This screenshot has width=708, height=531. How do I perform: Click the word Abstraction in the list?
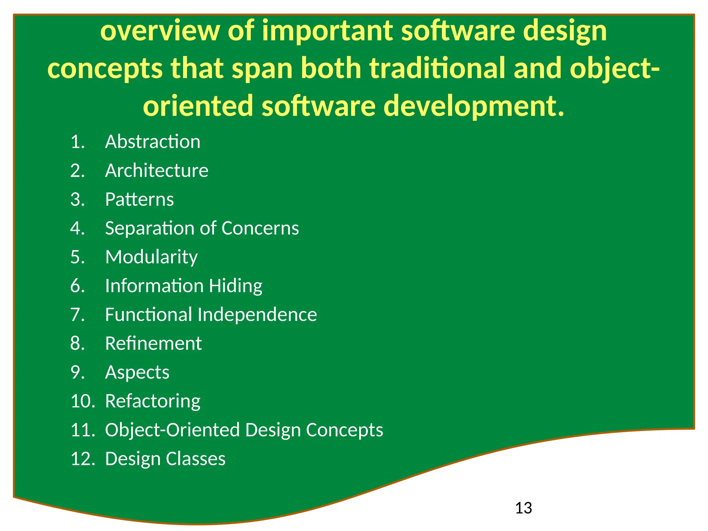tap(152, 142)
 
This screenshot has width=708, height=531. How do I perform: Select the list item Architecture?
tap(157, 170)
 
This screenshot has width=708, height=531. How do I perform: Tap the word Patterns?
tap(139, 199)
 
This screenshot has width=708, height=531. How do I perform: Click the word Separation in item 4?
tap(144, 229)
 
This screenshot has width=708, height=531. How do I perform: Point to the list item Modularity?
tap(151, 257)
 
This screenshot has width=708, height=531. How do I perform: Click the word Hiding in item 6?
tap(235, 286)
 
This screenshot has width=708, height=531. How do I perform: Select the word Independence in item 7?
tap(257, 315)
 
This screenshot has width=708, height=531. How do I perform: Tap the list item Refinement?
tap(153, 344)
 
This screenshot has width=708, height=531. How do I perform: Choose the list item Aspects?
tap(137, 373)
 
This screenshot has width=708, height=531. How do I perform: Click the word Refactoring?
tap(152, 401)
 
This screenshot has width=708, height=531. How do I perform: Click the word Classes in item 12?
tap(195, 459)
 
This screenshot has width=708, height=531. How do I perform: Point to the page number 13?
tap(523, 508)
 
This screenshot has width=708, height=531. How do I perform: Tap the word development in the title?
tap(474, 106)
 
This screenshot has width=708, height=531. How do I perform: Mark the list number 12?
tap(83, 459)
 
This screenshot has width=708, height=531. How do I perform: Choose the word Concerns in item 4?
tap(260, 229)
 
